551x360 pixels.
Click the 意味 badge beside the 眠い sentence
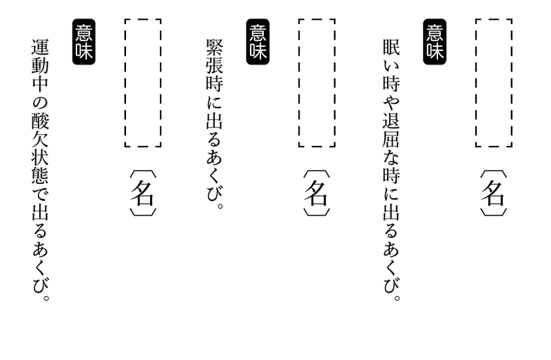(x=435, y=41)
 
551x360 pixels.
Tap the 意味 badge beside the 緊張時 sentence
(x=258, y=41)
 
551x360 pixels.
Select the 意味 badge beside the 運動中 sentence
(x=82, y=41)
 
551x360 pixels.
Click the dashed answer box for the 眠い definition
(x=493, y=83)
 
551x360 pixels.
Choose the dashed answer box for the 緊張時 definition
(x=317, y=83)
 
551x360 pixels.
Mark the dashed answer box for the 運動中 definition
(x=143, y=83)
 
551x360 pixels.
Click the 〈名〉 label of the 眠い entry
(x=493, y=193)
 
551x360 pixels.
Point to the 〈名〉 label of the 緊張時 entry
(x=317, y=193)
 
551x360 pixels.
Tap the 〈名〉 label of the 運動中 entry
(x=143, y=193)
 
